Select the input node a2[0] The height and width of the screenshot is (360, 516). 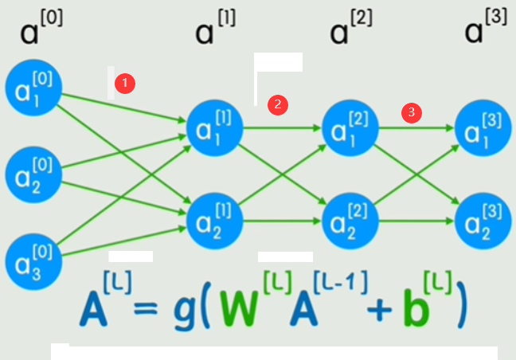[x=33, y=173]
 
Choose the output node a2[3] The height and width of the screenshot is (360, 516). [x=482, y=217]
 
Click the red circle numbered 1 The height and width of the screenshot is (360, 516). [x=125, y=82]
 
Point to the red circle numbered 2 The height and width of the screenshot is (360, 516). [x=277, y=104]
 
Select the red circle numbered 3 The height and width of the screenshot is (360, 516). [x=411, y=112]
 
